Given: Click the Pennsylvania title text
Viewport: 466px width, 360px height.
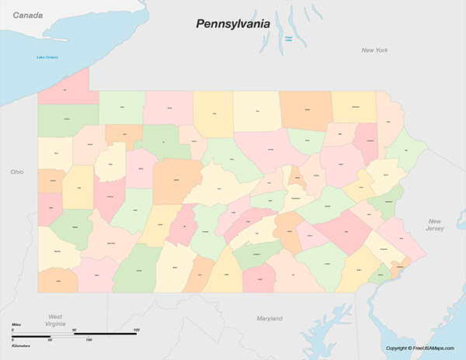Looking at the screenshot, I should tap(232, 24).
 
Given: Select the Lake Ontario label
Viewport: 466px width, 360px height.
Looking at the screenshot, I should tap(47, 57).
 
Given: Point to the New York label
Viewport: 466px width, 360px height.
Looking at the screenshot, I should tap(374, 50).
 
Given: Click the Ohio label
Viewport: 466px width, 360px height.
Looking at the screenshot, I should tap(17, 171).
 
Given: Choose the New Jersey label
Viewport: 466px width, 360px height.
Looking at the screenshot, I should tap(434, 225).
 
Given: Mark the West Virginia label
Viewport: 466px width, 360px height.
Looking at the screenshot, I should tap(55, 321).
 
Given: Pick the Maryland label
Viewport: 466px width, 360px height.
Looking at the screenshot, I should tap(270, 318).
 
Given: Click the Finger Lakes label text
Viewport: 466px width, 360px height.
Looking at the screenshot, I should tap(288, 38).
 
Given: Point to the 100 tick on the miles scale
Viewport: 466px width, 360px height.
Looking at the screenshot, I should tap(136, 331).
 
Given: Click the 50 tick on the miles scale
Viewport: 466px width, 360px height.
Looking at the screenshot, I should tap(75, 331).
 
